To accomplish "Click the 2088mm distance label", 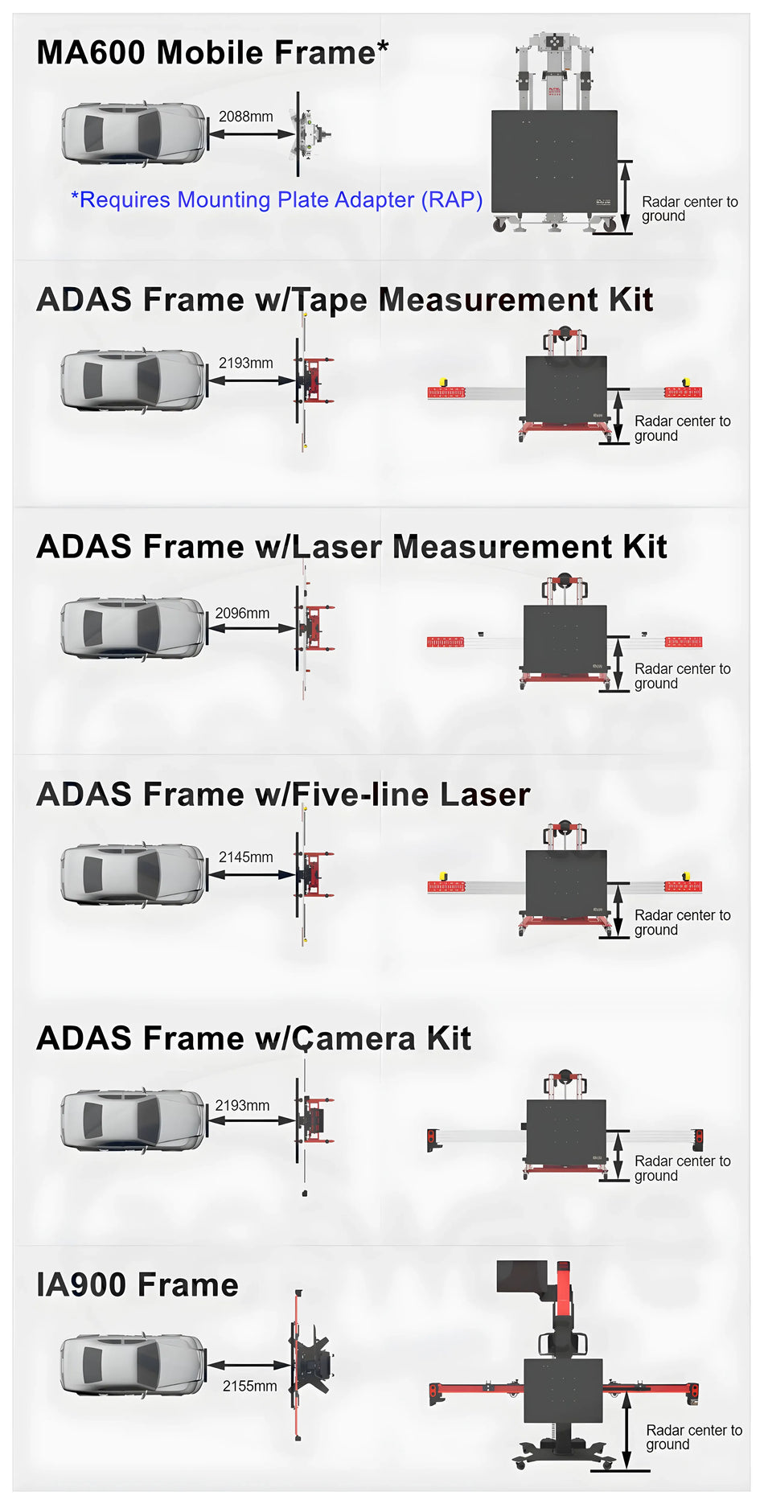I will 245,117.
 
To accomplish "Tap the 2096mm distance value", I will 242,613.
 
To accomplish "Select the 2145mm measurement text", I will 245,857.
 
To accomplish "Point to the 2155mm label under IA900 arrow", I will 249,1386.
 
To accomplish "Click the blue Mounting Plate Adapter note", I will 277,199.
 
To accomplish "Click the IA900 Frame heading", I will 138,1284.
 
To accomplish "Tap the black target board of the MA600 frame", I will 554,161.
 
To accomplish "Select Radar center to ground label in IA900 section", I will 693,1436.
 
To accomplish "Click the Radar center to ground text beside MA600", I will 689,208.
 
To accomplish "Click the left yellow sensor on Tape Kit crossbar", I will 442,382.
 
